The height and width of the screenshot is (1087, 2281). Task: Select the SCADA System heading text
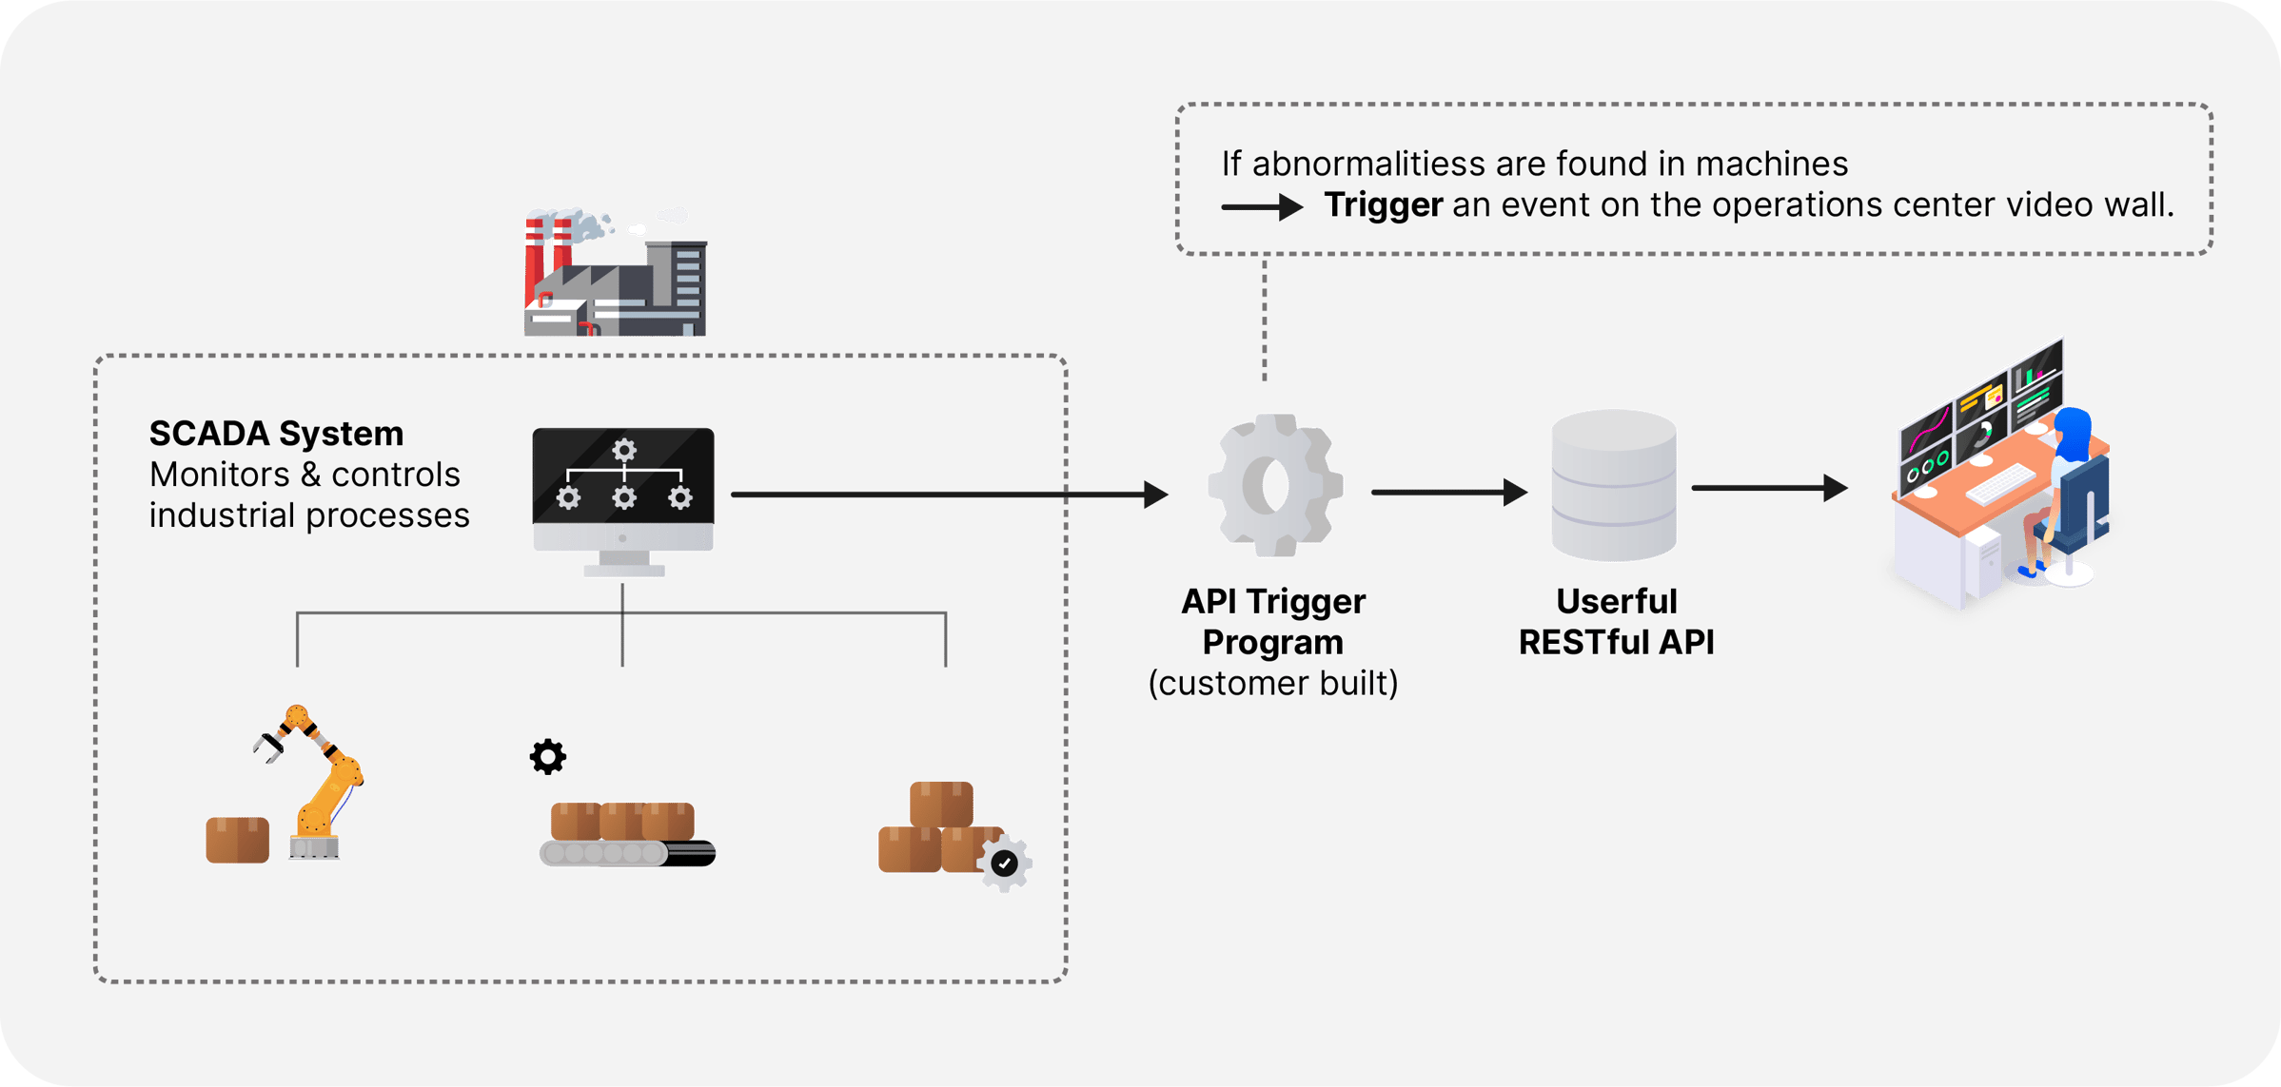tap(276, 434)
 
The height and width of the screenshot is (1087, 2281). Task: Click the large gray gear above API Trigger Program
tap(1274, 485)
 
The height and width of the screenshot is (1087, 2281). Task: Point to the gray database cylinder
tap(1614, 485)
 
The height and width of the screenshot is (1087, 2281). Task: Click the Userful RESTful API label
tap(1616, 622)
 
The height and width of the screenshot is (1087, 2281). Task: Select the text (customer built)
tap(1272, 683)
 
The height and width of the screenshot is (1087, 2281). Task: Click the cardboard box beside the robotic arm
tap(237, 839)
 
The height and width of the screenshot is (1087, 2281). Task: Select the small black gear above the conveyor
tap(547, 757)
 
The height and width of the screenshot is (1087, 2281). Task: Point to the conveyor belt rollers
tap(604, 853)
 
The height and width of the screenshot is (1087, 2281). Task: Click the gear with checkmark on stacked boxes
tap(1005, 863)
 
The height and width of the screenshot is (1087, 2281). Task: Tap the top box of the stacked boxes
tap(941, 804)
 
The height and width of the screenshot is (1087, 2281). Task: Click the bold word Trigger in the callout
tap(1384, 205)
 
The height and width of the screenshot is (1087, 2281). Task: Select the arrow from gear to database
tap(1447, 492)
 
